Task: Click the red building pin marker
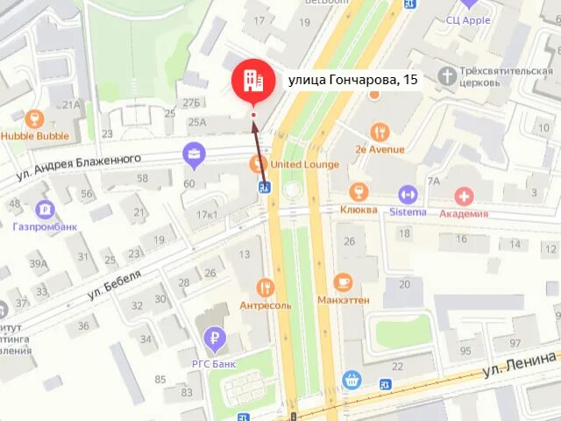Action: click(252, 82)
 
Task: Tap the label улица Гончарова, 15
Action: click(353, 80)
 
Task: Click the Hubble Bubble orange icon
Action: click(34, 118)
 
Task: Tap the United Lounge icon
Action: click(258, 162)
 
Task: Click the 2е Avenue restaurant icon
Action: click(380, 132)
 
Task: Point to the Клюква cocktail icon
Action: click(358, 192)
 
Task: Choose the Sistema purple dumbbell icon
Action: click(408, 193)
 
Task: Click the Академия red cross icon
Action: click(464, 196)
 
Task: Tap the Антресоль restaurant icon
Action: click(266, 287)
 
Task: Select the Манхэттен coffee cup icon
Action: click(343, 282)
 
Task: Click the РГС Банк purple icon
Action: click(213, 336)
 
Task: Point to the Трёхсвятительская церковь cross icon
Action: click(449, 75)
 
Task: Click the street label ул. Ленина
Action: click(521, 365)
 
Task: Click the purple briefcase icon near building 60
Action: click(194, 156)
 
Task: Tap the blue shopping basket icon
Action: click(352, 379)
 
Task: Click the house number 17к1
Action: click(207, 215)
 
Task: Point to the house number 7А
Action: click(433, 182)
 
